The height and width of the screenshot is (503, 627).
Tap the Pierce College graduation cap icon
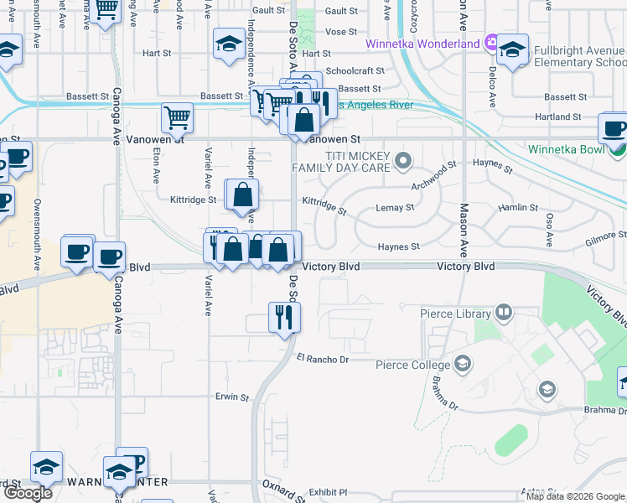(462, 363)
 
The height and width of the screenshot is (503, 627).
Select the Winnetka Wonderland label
(422, 43)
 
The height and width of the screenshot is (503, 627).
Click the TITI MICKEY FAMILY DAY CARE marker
(404, 159)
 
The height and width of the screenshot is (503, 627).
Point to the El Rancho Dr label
(322, 359)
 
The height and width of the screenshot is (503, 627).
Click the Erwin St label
(232, 397)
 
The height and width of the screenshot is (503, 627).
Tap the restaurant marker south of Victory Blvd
(284, 317)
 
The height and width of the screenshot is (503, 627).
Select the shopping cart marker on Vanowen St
(177, 118)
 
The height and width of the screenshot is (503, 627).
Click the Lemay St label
(395, 207)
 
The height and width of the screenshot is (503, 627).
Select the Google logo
(28, 493)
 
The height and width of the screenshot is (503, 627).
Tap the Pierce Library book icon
(504, 314)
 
